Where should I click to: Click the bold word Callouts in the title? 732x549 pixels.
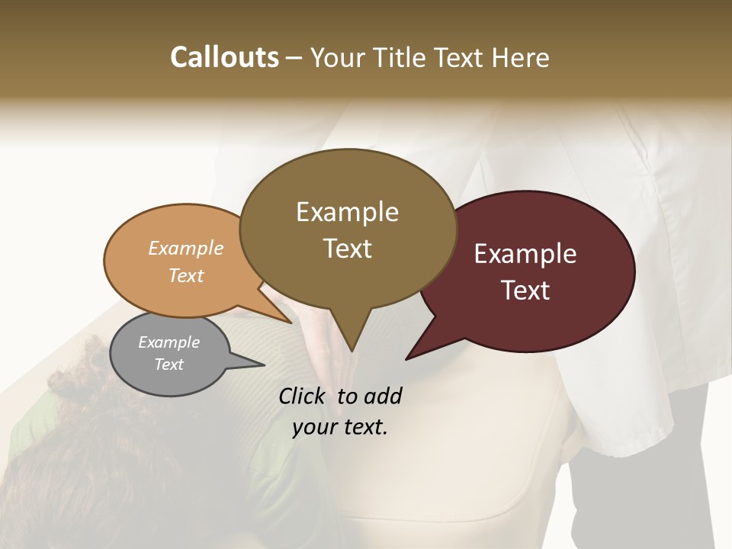(224, 57)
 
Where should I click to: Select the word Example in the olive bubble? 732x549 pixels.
(347, 212)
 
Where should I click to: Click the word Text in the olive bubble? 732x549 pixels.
(347, 249)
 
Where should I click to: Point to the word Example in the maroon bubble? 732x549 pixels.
(525, 254)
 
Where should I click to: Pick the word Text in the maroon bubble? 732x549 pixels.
(525, 291)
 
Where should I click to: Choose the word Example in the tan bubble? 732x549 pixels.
(186, 248)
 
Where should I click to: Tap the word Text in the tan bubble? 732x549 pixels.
(186, 275)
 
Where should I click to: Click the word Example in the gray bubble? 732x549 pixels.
(169, 342)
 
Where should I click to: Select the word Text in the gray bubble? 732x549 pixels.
(169, 364)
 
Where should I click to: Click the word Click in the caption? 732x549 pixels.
(303, 396)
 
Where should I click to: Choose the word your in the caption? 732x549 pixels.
(314, 427)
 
